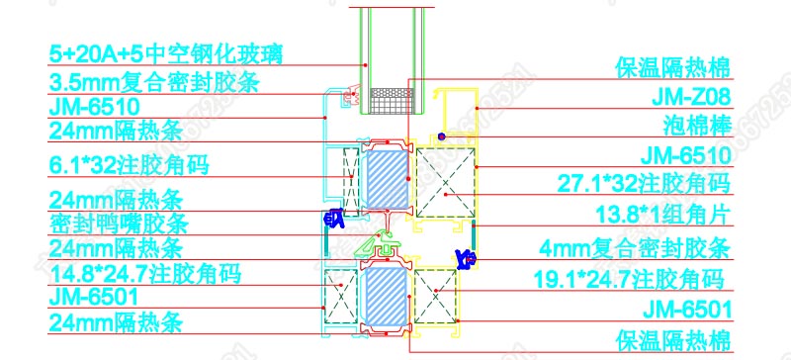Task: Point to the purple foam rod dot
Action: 442,135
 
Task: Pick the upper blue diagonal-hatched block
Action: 384,178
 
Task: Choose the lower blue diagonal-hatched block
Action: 384,296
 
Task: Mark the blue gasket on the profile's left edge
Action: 333,213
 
